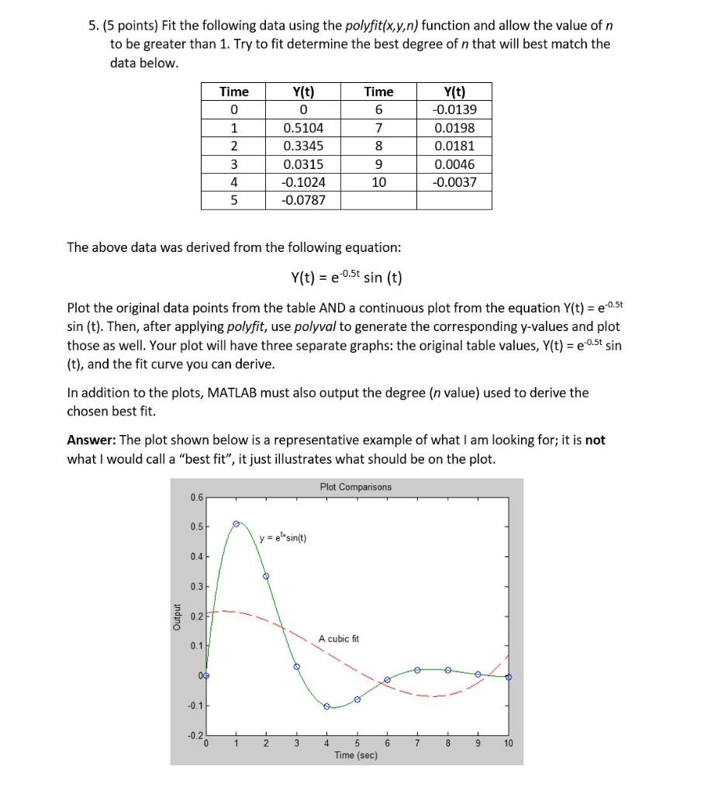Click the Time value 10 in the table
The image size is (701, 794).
point(378,182)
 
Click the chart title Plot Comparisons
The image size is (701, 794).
point(356,487)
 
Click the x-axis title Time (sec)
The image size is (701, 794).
point(356,754)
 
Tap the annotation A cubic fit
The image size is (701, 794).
point(339,638)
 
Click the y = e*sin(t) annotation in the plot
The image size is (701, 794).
point(286,539)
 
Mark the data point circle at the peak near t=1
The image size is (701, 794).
point(237,524)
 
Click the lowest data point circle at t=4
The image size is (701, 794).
point(326,706)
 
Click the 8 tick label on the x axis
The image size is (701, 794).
point(447,743)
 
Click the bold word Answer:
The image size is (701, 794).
point(91,440)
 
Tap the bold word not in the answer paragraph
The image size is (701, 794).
point(595,440)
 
